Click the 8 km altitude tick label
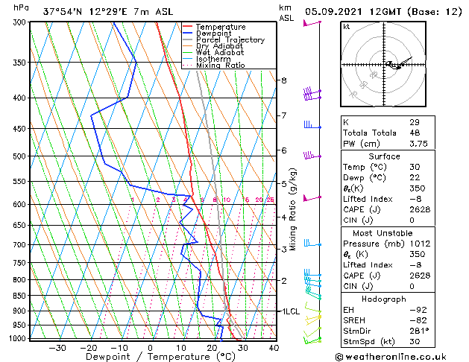(283, 80)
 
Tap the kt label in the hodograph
(346, 27)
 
